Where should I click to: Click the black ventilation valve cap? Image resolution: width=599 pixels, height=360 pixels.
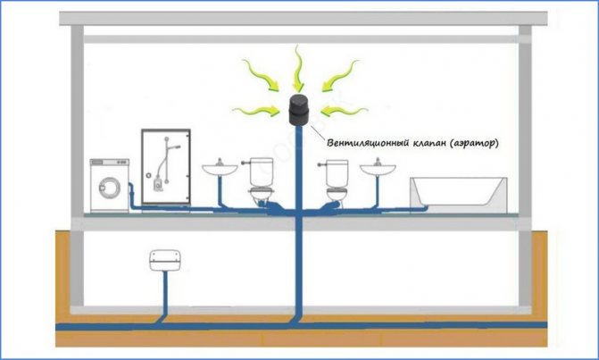click(299, 110)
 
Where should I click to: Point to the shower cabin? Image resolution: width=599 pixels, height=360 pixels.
click(166, 167)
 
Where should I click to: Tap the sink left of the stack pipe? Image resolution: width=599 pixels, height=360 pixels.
click(220, 169)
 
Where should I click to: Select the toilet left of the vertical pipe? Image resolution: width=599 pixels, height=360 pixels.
click(262, 180)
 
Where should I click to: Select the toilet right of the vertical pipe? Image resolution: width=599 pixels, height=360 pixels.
click(337, 180)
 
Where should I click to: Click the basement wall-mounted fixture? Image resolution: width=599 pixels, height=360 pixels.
click(164, 260)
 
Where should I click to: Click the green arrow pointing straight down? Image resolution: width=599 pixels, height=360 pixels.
click(297, 68)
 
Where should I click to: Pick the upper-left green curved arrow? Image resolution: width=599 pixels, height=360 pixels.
click(261, 75)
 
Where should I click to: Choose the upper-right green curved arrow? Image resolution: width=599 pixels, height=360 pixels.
click(340, 75)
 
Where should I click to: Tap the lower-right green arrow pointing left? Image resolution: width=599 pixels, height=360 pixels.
click(345, 111)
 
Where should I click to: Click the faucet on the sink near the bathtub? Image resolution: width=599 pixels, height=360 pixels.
click(378, 162)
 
